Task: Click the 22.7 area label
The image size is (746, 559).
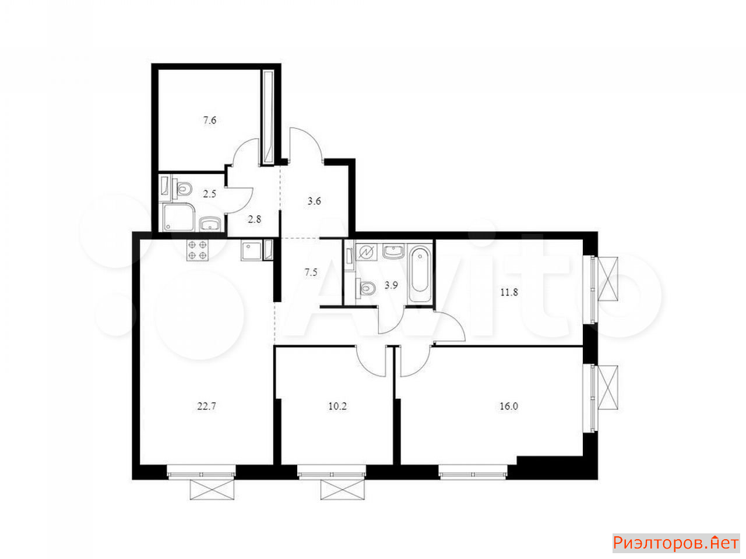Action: pyautogui.click(x=206, y=406)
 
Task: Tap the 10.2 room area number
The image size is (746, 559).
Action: pyautogui.click(x=337, y=406)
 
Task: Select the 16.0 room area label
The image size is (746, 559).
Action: pyautogui.click(x=509, y=406)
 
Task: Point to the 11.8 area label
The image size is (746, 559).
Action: pyautogui.click(x=509, y=292)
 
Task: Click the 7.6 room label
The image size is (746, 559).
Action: pyautogui.click(x=210, y=120)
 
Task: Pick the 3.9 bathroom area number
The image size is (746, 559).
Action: pyautogui.click(x=391, y=285)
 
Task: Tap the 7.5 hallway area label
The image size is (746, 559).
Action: pyautogui.click(x=311, y=272)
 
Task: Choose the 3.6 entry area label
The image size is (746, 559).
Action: pyautogui.click(x=314, y=201)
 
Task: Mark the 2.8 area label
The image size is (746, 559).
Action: pyautogui.click(x=255, y=220)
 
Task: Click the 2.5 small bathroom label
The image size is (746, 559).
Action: pyautogui.click(x=209, y=194)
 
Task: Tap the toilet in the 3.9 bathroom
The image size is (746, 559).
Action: pyautogui.click(x=365, y=288)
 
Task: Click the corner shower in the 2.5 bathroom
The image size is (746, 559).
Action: pyautogui.click(x=178, y=217)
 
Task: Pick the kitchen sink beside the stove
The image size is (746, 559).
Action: pyautogui.click(x=252, y=251)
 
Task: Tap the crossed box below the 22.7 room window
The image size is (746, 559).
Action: pyautogui.click(x=212, y=490)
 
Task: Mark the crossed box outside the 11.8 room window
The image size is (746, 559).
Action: pyautogui.click(x=608, y=279)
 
